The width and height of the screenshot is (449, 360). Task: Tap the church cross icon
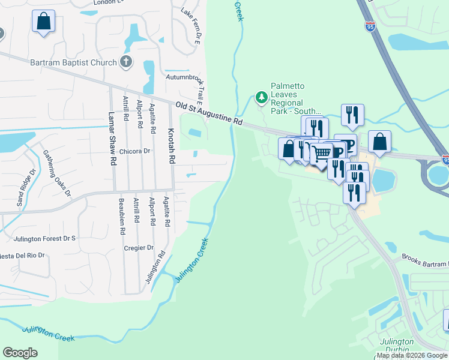click(x=126, y=61)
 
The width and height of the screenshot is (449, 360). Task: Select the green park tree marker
click(x=261, y=97)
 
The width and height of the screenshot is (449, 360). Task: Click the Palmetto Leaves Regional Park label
click(x=295, y=99)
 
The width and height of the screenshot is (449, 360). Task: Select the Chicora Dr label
click(x=134, y=151)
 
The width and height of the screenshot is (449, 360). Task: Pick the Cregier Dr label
click(x=139, y=247)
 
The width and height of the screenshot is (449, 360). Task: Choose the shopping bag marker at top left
click(x=44, y=22)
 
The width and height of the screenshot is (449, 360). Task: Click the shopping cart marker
click(x=322, y=152)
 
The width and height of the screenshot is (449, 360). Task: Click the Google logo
click(x=20, y=353)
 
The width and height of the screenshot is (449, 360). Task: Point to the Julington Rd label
click(x=154, y=267)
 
